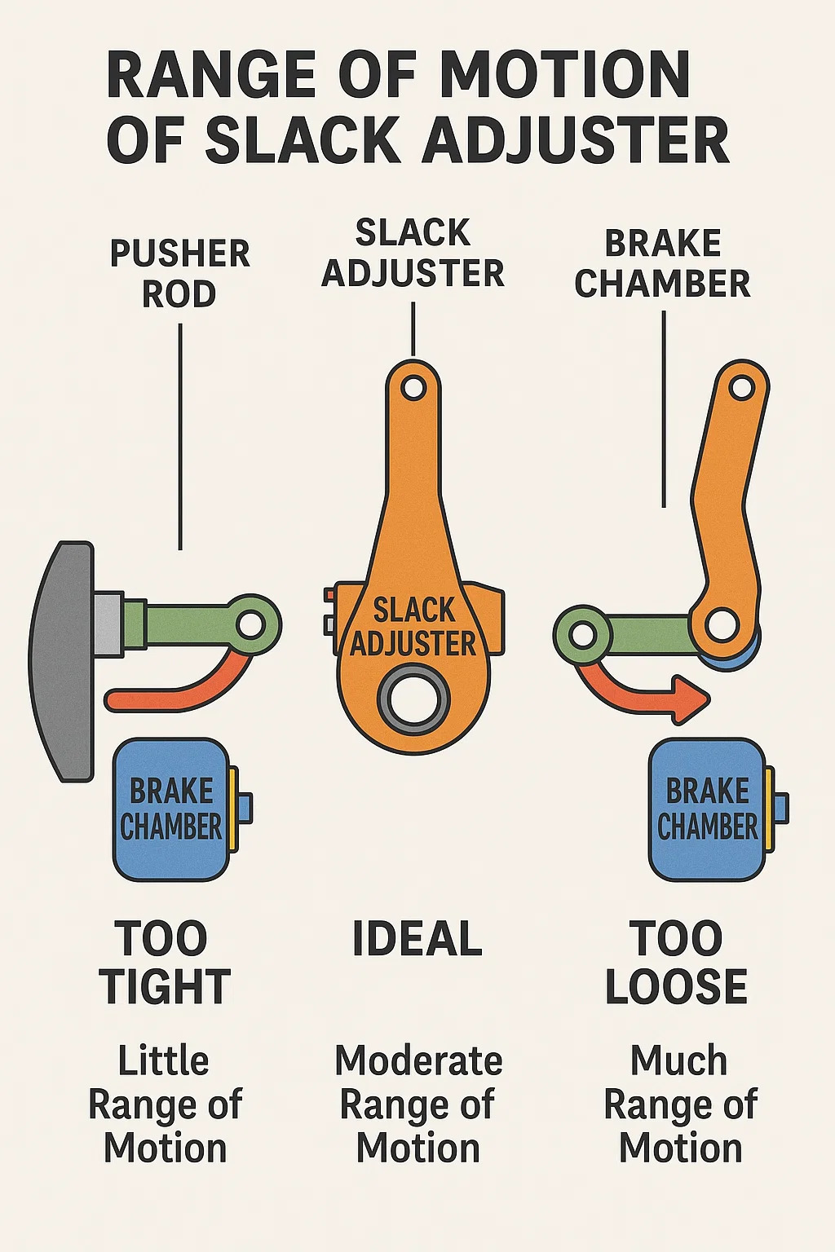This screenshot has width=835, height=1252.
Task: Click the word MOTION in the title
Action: (x=564, y=75)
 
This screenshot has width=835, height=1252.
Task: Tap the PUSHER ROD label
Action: (x=179, y=274)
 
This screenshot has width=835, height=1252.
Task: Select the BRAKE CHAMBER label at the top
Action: (x=662, y=263)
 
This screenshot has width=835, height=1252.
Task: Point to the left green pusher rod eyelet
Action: (x=252, y=625)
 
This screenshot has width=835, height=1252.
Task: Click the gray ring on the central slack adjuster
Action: (x=413, y=699)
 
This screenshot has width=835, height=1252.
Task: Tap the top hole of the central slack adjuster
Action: (x=413, y=387)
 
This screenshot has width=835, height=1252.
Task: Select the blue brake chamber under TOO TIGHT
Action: (x=171, y=809)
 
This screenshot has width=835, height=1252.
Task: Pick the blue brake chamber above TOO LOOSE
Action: (x=707, y=809)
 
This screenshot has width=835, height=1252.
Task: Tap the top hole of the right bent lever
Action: (x=742, y=386)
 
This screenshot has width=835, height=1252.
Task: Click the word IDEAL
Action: (x=417, y=939)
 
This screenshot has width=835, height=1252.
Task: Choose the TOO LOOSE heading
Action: (x=676, y=963)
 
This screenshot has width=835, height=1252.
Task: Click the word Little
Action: (x=163, y=1060)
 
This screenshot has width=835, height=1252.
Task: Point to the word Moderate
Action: (x=418, y=1060)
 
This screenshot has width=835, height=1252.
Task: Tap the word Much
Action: (x=679, y=1060)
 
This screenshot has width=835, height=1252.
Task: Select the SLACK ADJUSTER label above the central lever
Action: (x=413, y=253)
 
